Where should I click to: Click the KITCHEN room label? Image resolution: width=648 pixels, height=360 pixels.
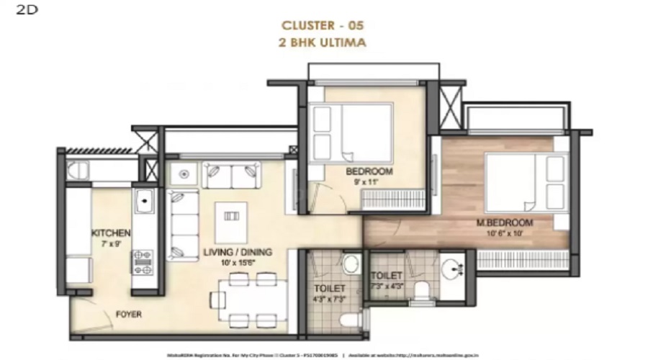point(111,233)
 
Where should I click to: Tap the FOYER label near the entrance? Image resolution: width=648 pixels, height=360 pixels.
point(127,315)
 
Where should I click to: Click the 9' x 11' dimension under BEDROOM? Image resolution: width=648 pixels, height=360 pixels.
point(368,182)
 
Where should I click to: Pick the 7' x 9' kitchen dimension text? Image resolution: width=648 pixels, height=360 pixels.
point(111,243)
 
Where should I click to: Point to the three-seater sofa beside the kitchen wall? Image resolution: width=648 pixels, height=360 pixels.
point(183,225)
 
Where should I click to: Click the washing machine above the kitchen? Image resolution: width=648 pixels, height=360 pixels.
point(78,171)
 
